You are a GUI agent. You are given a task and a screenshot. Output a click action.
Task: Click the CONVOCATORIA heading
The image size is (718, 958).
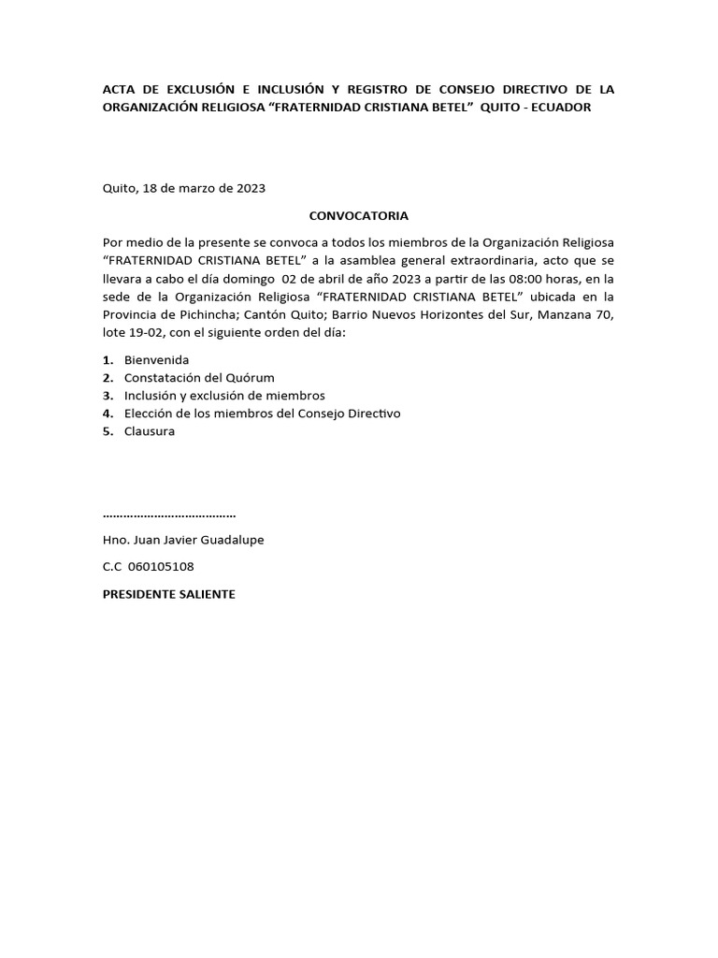pos(358,215)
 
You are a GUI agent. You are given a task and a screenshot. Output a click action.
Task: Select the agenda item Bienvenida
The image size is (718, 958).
pos(156,360)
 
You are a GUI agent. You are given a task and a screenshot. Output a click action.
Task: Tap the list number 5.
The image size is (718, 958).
pos(108,431)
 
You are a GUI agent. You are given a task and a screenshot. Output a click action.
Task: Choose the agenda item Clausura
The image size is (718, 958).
pos(149,431)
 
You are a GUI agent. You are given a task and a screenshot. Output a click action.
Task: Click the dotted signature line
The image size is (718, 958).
pos(168,515)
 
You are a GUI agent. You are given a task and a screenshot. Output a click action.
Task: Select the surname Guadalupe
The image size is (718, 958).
pos(237,541)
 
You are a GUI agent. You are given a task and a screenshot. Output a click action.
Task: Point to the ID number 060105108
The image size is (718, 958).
pos(160,567)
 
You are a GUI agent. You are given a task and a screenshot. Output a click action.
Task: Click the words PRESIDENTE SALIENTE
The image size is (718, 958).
pos(168,594)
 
